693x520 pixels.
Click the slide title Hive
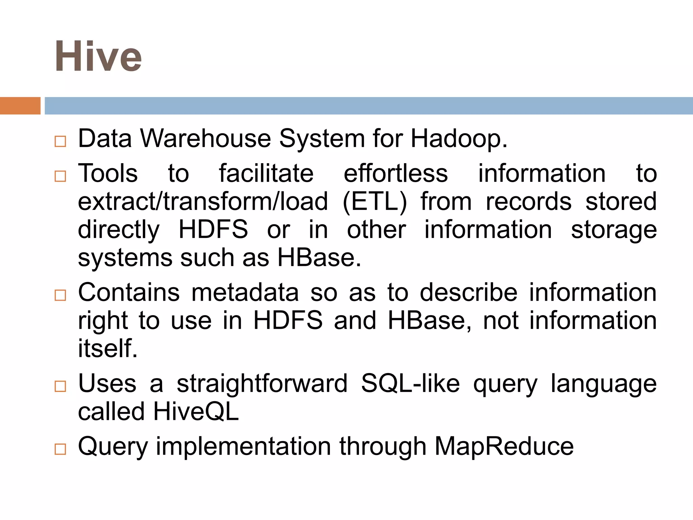pyautogui.click(x=98, y=56)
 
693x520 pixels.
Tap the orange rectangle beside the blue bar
pyautogui.click(x=20, y=106)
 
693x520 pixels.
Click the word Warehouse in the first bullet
pyautogui.click(x=205, y=138)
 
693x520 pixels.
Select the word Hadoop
pyautogui.click(x=459, y=138)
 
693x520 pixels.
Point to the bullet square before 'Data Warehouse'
pyautogui.click(x=60, y=141)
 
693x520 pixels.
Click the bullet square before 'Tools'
pyautogui.click(x=60, y=176)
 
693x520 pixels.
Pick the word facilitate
pyautogui.click(x=266, y=173)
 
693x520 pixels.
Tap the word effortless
pyautogui.click(x=396, y=173)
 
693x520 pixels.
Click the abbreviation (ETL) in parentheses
pyautogui.click(x=375, y=202)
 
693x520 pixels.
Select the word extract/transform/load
pyautogui.click(x=203, y=202)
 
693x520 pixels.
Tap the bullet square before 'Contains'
pyautogui.click(x=60, y=295)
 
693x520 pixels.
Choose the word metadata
pyautogui.click(x=245, y=292)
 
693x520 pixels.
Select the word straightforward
pyautogui.click(x=262, y=384)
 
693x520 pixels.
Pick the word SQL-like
pyautogui.click(x=410, y=384)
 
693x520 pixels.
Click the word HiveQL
pyautogui.click(x=196, y=412)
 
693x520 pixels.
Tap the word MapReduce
pyautogui.click(x=504, y=447)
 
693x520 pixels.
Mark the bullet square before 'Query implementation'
pyautogui.click(x=60, y=449)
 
